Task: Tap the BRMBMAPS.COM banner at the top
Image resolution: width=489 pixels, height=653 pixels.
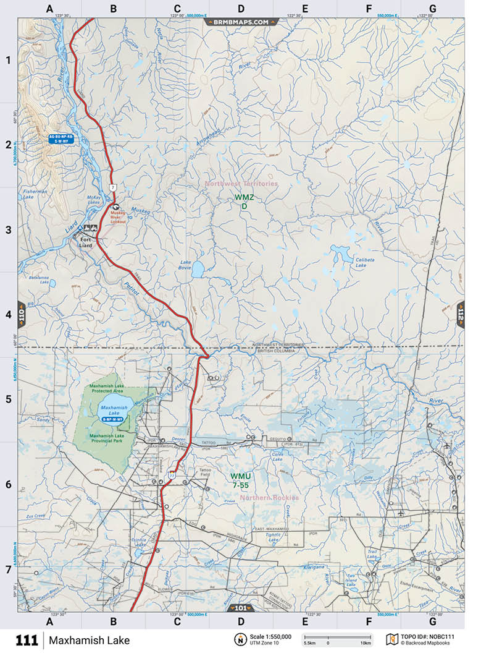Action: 241,22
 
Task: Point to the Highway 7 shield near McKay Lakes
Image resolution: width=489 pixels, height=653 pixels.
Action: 112,186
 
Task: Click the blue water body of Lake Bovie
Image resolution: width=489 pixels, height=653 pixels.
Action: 198,269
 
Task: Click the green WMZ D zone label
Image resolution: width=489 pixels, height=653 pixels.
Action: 244,202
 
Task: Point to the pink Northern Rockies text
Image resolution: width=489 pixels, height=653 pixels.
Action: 269,498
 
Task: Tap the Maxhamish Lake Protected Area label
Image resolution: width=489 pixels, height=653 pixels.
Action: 112,388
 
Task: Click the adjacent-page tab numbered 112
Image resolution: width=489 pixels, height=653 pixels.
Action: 460,315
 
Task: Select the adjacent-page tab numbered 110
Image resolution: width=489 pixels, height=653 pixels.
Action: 22,315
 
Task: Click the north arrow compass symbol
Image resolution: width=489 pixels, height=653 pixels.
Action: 238,639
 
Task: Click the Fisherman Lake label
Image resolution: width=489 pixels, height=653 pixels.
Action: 35,195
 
